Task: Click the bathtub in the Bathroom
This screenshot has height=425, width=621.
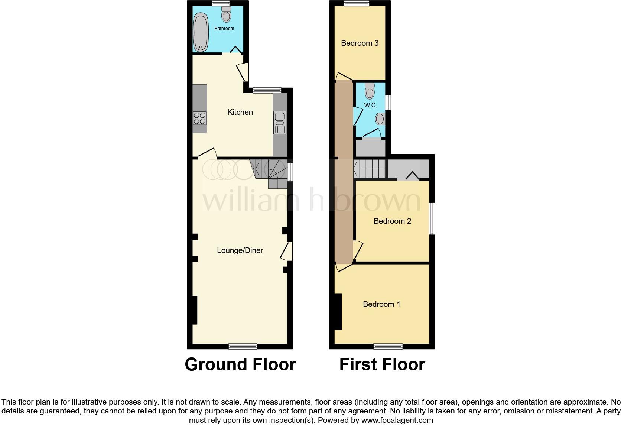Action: [201, 32]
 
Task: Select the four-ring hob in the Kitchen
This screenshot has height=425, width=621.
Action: [199, 118]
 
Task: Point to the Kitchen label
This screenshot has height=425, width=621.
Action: [240, 112]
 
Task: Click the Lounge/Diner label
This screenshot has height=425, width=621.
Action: [240, 250]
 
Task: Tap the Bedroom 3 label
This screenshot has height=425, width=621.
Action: [360, 43]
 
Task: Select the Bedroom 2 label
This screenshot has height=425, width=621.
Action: [392, 221]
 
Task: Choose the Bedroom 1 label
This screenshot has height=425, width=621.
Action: [381, 304]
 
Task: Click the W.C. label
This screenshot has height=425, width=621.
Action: [370, 106]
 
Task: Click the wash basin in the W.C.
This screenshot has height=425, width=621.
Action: [380, 119]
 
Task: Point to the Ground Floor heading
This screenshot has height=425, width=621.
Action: [240, 364]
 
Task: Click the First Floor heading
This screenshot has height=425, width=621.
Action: [382, 364]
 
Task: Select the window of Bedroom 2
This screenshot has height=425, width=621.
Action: [432, 218]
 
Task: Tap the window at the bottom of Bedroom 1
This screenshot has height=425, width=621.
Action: [388, 347]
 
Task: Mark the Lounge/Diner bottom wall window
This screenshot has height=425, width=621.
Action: [243, 347]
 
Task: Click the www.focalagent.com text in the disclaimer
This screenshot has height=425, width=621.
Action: [397, 421]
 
